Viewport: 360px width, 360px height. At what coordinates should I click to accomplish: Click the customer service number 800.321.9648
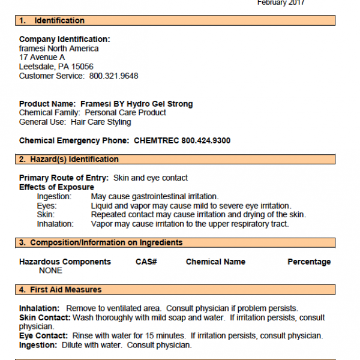click(113, 76)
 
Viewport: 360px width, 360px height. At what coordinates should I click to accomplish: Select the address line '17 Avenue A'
click(42, 58)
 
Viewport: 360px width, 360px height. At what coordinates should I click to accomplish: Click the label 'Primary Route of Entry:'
click(64, 178)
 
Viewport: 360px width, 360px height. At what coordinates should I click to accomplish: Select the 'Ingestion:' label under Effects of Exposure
click(54, 196)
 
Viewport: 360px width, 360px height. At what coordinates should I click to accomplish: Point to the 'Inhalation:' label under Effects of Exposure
click(55, 224)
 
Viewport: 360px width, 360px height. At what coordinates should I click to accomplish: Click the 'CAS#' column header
click(146, 262)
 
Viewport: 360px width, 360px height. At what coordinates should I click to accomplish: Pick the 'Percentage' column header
click(309, 262)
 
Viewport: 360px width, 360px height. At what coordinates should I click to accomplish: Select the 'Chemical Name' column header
click(215, 262)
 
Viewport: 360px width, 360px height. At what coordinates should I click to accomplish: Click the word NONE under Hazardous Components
click(50, 271)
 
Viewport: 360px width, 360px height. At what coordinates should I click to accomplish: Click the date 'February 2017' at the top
click(281, 3)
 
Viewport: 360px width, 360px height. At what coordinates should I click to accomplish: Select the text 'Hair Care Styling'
click(101, 122)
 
